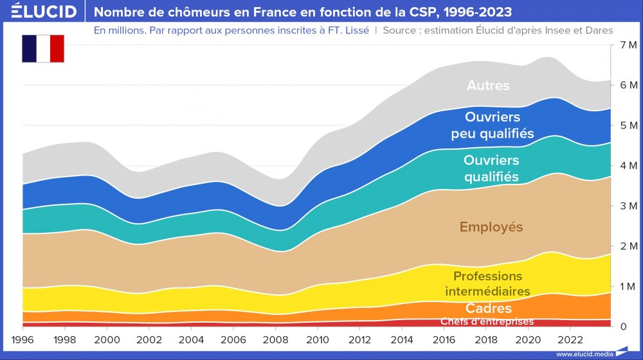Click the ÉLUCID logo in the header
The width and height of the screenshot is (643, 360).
point(40,12)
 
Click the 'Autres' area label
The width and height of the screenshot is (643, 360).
point(488,85)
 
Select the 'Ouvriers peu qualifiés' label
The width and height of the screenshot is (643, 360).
point(492,125)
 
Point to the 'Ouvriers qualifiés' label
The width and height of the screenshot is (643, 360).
point(491,168)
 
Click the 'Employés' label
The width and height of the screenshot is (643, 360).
point(491,227)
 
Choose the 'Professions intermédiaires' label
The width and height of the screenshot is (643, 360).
point(487,283)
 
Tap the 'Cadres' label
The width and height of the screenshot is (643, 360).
point(489,309)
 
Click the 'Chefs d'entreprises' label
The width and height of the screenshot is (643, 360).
point(487,321)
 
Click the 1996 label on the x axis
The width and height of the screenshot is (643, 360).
point(23,339)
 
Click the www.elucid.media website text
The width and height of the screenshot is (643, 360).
point(583,354)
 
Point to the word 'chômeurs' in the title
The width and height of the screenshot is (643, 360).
point(187,12)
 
